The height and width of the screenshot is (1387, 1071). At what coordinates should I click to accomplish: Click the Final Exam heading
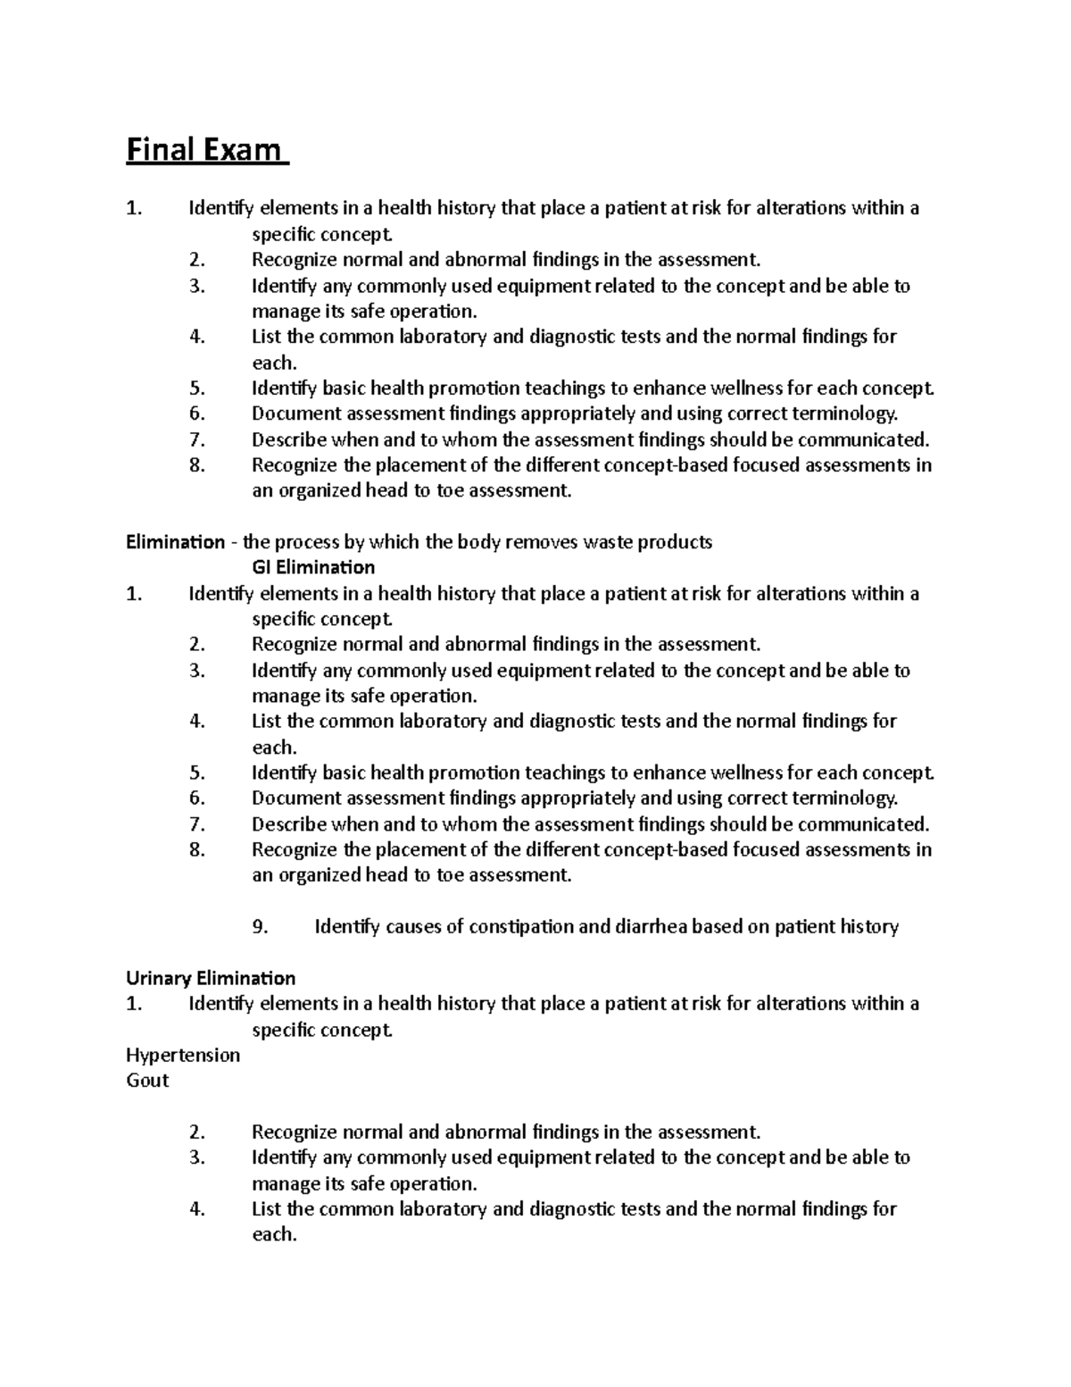205,149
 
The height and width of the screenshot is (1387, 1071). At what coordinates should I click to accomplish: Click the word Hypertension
183,1055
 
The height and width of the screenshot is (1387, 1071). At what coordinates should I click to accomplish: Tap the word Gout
147,1081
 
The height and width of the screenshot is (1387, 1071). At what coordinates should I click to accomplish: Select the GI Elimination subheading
313,567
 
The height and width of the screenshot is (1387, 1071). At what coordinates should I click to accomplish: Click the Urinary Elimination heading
211,978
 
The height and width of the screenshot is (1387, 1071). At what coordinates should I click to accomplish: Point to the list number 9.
260,927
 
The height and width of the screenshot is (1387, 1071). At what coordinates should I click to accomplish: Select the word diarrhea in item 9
651,927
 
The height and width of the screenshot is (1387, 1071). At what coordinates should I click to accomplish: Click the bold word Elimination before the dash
175,542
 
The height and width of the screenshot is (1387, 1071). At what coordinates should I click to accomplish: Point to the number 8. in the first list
197,465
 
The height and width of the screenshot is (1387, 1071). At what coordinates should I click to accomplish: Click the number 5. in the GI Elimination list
197,773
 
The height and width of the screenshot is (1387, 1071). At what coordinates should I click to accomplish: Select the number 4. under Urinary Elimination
197,1209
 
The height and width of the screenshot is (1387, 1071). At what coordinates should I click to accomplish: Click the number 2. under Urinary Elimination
197,1132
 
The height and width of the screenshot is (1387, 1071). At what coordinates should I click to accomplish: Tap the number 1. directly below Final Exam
134,209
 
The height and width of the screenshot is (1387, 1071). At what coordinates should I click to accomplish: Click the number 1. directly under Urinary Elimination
134,1004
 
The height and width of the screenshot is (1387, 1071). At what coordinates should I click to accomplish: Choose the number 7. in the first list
197,439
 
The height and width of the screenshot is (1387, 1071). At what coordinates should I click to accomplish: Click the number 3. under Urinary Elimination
197,1157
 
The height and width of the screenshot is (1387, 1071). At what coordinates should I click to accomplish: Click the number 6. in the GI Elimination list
197,798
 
